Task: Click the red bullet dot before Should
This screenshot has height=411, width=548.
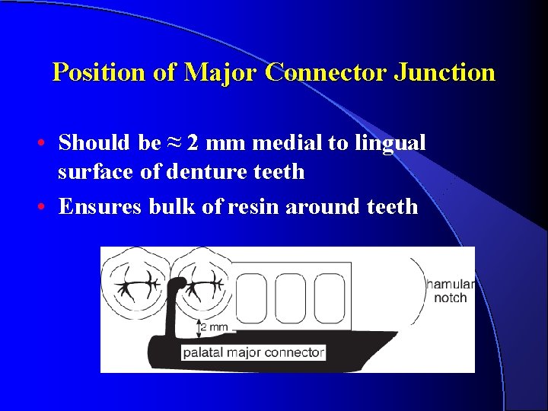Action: pyautogui.click(x=47, y=143)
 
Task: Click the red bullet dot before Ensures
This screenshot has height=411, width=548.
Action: pyautogui.click(x=47, y=206)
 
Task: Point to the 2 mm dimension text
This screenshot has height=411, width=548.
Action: pyautogui.click(x=215, y=327)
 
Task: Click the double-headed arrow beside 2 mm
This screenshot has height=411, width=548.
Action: pyautogui.click(x=199, y=328)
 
